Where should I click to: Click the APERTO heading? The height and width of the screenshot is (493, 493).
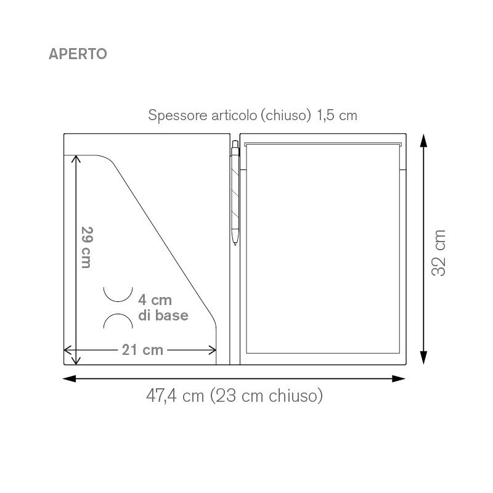click(x=78, y=54)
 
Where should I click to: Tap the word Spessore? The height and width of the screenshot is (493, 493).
click(x=177, y=115)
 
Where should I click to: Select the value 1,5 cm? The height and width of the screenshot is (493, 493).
click(x=336, y=115)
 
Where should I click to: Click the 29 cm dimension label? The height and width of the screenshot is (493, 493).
click(x=86, y=247)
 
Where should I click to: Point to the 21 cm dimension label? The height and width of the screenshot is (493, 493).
click(x=142, y=350)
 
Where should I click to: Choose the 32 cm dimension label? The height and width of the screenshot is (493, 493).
click(x=439, y=253)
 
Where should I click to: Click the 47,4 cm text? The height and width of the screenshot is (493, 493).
click(x=175, y=396)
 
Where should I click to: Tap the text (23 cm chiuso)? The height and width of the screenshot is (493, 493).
click(x=267, y=396)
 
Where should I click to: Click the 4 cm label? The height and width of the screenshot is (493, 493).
click(x=155, y=300)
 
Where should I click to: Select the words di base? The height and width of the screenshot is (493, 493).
click(x=163, y=316)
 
